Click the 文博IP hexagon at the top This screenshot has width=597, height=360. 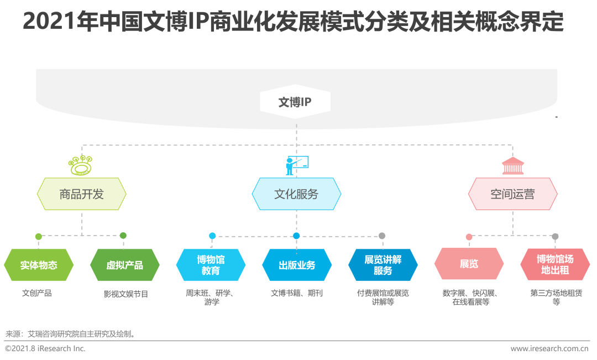295,102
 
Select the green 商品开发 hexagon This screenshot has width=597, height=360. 81,194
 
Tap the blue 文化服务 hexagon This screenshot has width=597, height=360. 296,194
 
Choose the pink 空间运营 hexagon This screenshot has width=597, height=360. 512,194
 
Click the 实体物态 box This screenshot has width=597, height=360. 39,265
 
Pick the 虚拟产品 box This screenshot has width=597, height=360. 124,265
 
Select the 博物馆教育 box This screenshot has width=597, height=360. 211,265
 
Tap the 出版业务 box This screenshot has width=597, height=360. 297,265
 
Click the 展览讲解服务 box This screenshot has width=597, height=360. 383,265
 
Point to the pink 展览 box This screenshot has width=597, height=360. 469,264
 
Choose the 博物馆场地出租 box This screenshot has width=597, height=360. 555,264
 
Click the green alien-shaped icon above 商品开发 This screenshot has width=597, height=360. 80,165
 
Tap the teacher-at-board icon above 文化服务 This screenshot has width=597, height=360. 297,165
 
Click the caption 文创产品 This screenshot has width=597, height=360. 37,293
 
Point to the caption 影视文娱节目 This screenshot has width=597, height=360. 125,294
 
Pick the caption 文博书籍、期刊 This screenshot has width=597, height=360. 297,293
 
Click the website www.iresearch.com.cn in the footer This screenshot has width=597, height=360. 549,348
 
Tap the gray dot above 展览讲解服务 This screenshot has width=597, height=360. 382,236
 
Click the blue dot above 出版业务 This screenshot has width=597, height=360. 296,236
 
